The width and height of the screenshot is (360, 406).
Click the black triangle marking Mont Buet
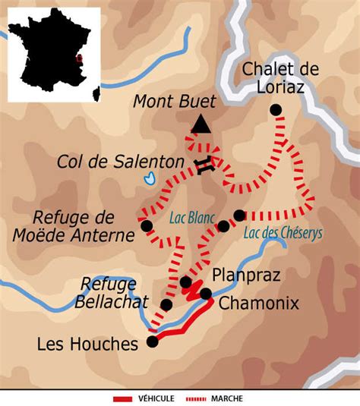(201, 124)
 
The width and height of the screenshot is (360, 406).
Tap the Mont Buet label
(174, 101)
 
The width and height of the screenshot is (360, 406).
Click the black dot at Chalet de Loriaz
(276, 110)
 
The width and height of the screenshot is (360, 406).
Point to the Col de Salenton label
(120, 162)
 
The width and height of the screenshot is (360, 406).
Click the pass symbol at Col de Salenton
(202, 168)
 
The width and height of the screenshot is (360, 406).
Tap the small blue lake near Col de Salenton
(150, 179)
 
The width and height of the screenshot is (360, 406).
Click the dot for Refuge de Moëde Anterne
(146, 225)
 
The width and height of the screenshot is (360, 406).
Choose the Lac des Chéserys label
(283, 233)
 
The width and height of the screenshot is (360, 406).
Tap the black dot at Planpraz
(185, 282)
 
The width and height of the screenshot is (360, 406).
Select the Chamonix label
(258, 304)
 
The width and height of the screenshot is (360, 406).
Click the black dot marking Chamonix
(205, 294)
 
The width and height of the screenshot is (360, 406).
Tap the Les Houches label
(87, 344)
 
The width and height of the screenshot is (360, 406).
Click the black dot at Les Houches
(153, 341)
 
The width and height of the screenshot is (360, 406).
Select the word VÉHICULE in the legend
(155, 398)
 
